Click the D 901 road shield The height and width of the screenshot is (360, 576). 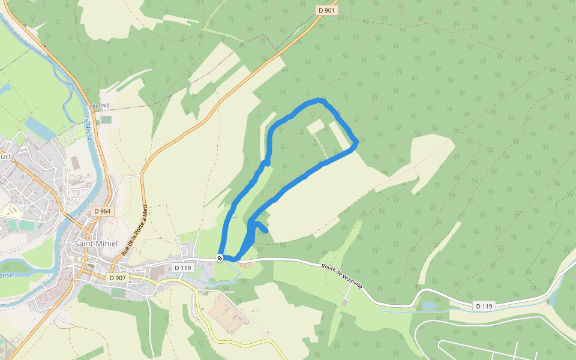pos(327,10)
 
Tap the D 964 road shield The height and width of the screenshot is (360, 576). pos(103,211)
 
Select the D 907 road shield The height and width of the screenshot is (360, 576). pos(118,278)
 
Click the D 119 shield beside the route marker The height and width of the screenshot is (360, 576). pos(182,267)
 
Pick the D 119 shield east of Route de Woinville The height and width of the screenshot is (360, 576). pos(484,306)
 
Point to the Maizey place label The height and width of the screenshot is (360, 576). pos(100,105)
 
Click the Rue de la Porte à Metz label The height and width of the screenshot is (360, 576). pos(135,229)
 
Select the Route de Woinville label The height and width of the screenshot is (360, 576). pos(342,278)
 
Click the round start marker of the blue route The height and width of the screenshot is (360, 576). pos(220,258)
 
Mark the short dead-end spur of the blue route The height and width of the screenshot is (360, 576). pos(262,228)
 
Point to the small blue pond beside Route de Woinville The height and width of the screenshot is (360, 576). pos(430,305)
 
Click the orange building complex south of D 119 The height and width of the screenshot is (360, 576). pos(230,311)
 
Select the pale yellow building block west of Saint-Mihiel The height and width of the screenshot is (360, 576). pos(8,211)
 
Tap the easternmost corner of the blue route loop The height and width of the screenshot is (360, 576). pos(357,142)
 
